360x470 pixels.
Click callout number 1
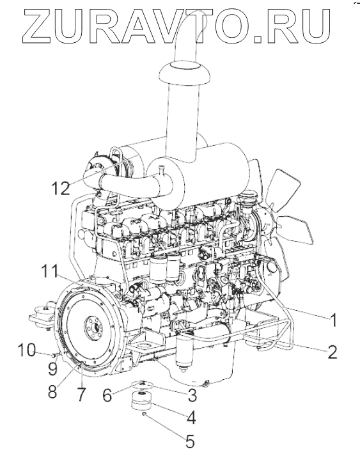point(333,320)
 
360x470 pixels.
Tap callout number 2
point(332,352)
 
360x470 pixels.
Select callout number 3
point(192,395)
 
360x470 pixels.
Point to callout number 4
point(191,418)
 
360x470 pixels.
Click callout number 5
point(190,441)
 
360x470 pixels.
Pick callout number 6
point(107,395)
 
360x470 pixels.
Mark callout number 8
point(53,391)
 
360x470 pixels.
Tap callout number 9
point(53,369)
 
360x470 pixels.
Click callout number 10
point(27,350)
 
